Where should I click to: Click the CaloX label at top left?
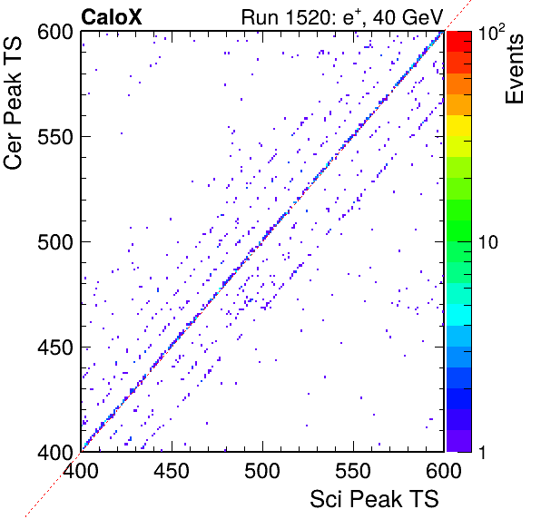(x=111, y=17)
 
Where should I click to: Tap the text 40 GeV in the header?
(x=408, y=17)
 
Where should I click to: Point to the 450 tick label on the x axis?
(x=172, y=470)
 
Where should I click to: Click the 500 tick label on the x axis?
(x=262, y=470)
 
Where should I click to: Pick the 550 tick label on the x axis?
(x=353, y=470)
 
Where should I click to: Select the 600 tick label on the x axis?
(x=444, y=470)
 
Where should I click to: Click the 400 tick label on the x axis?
(x=81, y=470)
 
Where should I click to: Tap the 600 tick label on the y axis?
(x=55, y=33)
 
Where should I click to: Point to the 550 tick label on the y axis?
(x=55, y=138)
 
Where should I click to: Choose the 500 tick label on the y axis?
(x=55, y=242)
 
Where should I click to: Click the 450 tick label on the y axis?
(x=55, y=348)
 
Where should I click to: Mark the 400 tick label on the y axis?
(x=55, y=452)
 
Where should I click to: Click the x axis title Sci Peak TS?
(x=374, y=499)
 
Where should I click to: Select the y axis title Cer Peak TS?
(x=13, y=103)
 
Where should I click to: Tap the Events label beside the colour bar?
(x=515, y=69)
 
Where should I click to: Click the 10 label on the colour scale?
(x=488, y=242)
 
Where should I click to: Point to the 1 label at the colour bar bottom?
(x=482, y=452)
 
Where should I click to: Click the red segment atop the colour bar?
(x=459, y=42)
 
